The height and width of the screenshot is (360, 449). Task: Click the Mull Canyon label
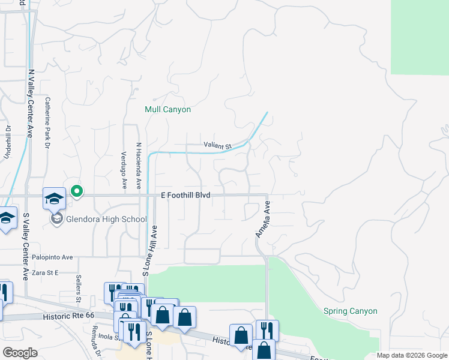tap(168, 110)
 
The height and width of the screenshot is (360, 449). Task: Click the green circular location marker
tap(77, 191)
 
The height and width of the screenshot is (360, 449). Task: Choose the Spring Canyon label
tap(351, 311)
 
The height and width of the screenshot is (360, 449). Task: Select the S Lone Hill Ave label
tap(150, 250)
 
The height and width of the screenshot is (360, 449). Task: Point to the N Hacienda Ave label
tap(138, 166)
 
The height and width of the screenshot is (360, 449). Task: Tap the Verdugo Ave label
tap(124, 172)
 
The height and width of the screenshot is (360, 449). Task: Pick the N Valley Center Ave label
tap(29, 103)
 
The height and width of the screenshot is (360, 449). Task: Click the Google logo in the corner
tap(20, 353)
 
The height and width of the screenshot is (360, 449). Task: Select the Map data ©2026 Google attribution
tap(412, 355)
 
